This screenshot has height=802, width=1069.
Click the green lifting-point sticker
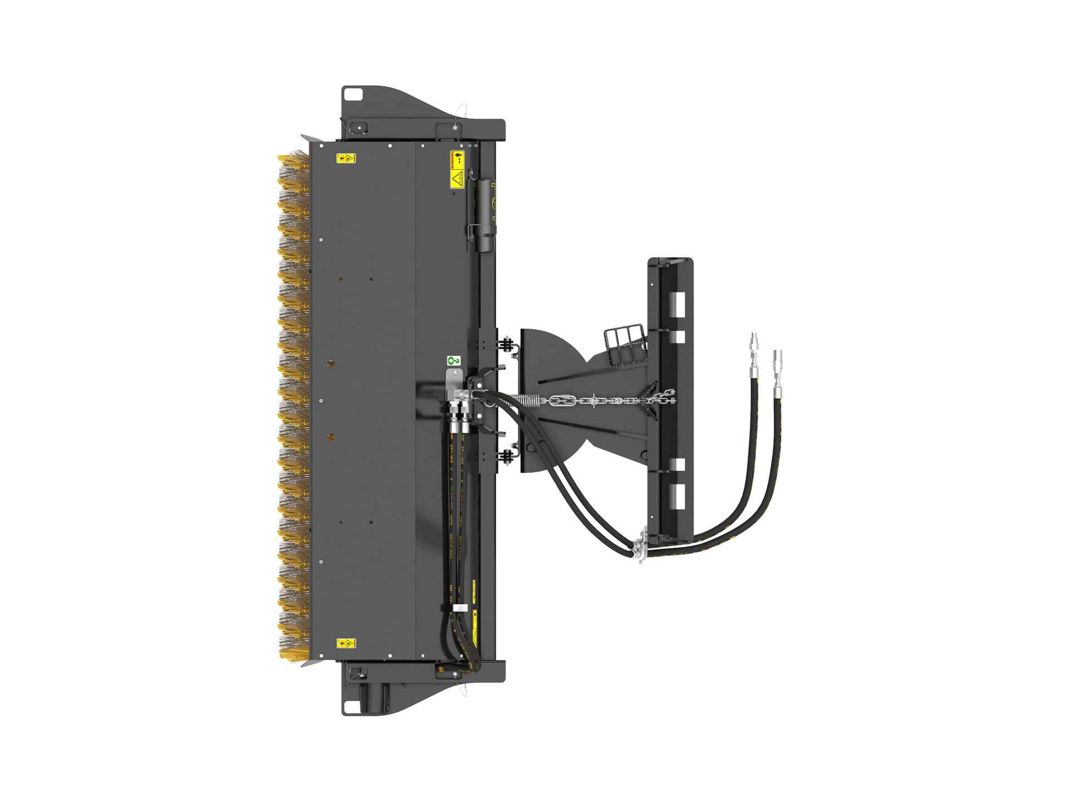[x=453, y=361]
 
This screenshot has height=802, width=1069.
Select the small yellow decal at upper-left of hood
[x=345, y=158]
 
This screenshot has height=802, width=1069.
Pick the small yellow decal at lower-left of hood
[x=345, y=644]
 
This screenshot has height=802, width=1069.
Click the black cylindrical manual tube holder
[x=485, y=214]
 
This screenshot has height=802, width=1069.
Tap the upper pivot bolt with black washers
[x=507, y=344]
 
